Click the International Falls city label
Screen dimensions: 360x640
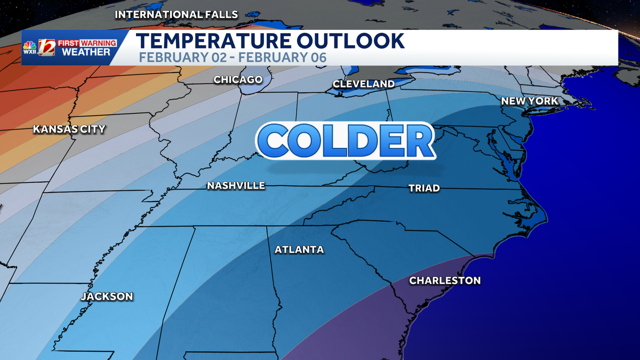[x=177, y=14]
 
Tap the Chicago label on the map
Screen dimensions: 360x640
[x=238, y=80]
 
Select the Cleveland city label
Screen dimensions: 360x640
[x=364, y=84]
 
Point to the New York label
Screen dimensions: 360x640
[x=530, y=101]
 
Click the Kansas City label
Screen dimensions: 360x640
[x=69, y=129]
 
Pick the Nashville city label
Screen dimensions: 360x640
[x=236, y=186]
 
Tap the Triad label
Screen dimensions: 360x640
[x=424, y=188]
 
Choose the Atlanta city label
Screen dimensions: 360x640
[x=299, y=250]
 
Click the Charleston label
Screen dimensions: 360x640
[x=445, y=281]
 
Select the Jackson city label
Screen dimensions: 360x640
[x=107, y=296]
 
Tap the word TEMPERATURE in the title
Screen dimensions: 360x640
[x=214, y=41]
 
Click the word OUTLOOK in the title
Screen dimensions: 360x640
[x=351, y=41]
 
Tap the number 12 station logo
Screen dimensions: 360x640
[x=46, y=47]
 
